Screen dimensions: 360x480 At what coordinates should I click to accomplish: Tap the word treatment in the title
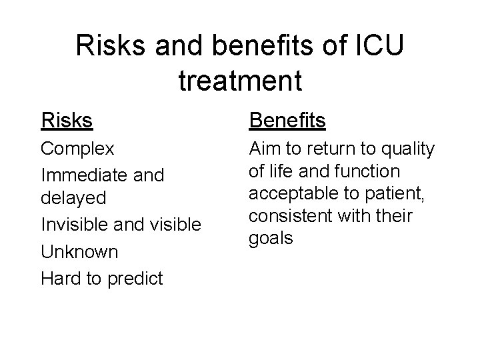[241, 80]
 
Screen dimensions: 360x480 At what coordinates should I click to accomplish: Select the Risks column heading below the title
[67, 121]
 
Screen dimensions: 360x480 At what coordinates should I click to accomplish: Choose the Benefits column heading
[287, 121]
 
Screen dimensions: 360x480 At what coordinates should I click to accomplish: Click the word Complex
[78, 148]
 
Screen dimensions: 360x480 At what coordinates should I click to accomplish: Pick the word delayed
[73, 199]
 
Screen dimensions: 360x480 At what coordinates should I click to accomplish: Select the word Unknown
[79, 252]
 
